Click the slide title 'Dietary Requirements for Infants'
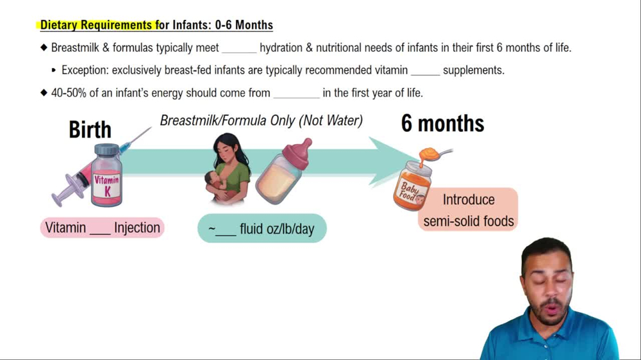coord(156,26)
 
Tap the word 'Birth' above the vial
coord(90,129)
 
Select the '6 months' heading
coord(442,123)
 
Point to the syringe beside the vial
coord(74,183)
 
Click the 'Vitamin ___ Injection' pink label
coord(102,227)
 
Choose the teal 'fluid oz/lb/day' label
coord(262,229)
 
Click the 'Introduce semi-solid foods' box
coord(468,209)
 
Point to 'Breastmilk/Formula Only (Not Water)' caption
coord(261,120)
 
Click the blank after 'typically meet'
coord(238,48)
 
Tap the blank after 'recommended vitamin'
coord(425,70)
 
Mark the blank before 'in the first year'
coord(296,94)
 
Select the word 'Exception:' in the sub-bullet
coord(85,70)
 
